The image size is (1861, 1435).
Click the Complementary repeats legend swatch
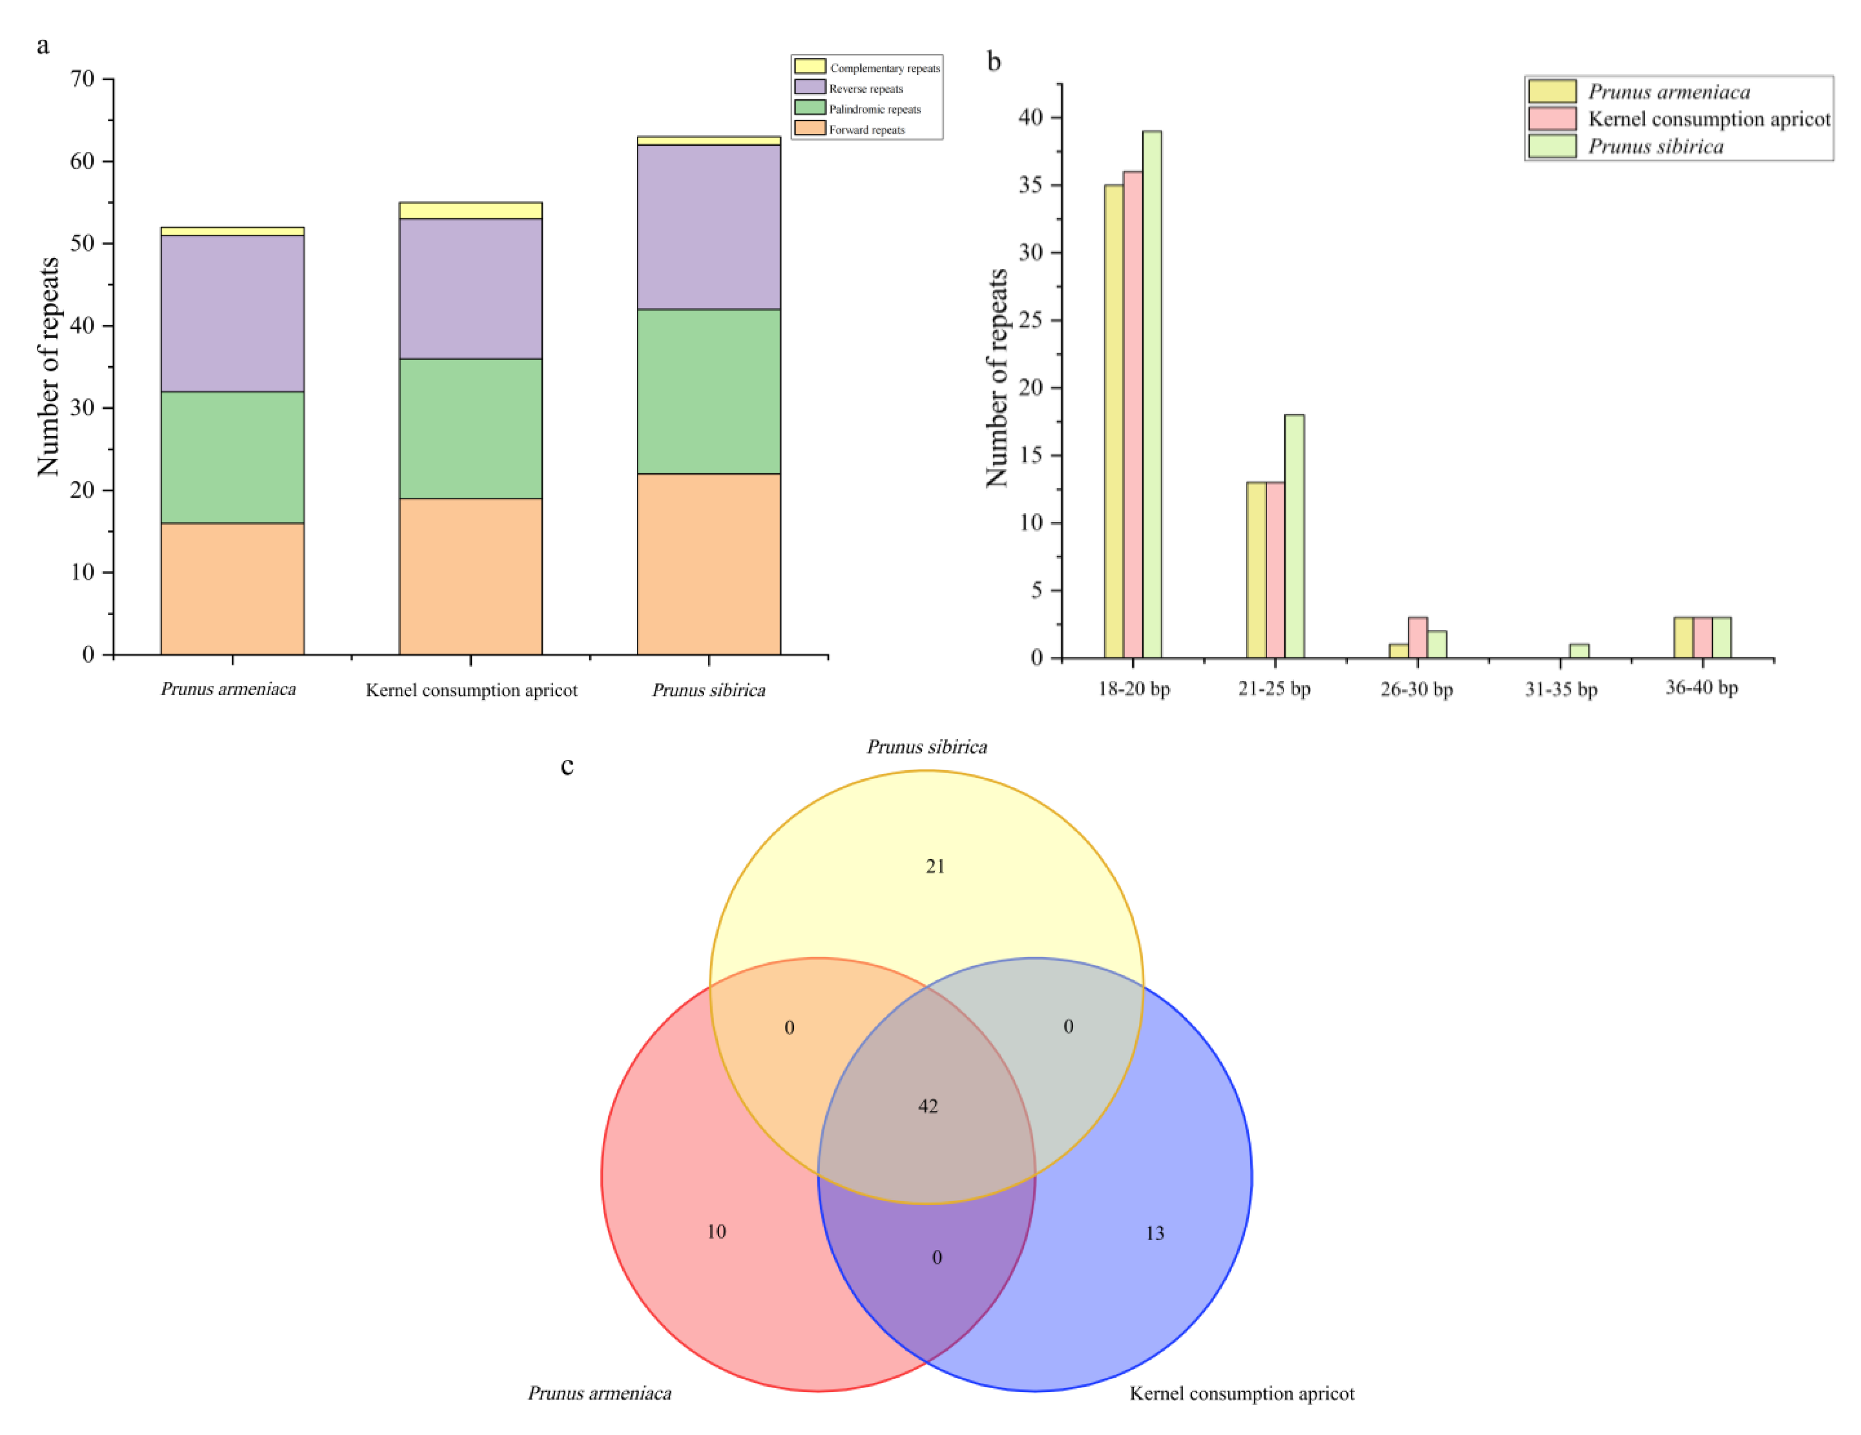coord(810,66)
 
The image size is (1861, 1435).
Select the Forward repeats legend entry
coord(866,130)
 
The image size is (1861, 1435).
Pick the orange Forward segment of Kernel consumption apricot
coord(470,576)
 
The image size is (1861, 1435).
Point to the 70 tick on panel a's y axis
coord(83,79)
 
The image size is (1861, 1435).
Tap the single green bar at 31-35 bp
coord(1579,650)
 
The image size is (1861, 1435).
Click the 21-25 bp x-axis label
coord(1274,688)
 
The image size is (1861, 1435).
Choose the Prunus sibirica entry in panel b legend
coord(1655,147)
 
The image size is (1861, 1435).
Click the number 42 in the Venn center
coord(928,1106)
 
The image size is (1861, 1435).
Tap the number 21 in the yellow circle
coord(935,867)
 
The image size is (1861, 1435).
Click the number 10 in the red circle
coord(716,1232)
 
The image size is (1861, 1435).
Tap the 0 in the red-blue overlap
coord(936,1258)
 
